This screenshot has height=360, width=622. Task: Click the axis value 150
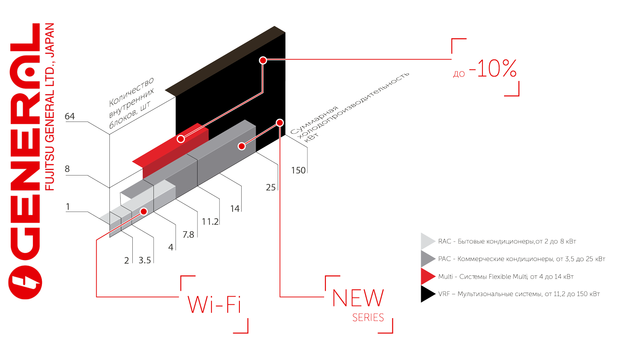(x=298, y=170)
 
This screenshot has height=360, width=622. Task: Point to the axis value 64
(x=70, y=117)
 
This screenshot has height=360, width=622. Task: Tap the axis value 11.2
(x=210, y=221)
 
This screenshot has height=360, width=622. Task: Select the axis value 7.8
(x=188, y=234)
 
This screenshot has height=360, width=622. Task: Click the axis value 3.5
(x=145, y=260)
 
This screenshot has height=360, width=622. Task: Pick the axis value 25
(x=270, y=188)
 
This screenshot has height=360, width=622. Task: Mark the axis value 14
(x=235, y=208)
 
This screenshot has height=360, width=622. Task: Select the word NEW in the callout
(x=358, y=298)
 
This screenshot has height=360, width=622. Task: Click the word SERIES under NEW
(x=368, y=318)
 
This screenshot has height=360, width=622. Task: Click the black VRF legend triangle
(x=427, y=294)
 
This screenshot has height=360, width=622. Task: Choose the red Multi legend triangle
(x=427, y=276)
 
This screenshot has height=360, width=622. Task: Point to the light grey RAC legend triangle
(x=427, y=241)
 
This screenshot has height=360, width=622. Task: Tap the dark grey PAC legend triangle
(x=427, y=259)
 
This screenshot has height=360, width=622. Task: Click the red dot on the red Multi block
(x=180, y=139)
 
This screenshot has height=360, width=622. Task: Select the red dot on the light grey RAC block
(x=144, y=211)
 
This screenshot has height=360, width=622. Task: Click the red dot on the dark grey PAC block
(x=242, y=146)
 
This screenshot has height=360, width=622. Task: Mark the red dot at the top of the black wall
(x=263, y=60)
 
